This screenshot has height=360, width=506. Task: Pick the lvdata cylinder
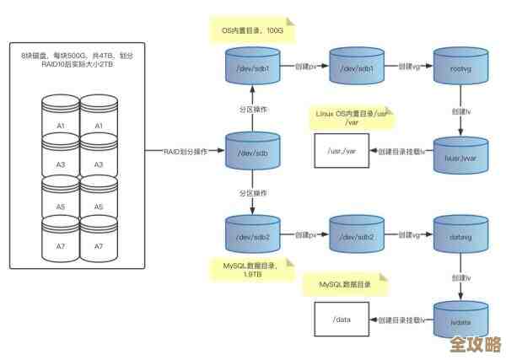[x=460, y=320]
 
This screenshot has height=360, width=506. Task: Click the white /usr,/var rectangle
[x=342, y=151]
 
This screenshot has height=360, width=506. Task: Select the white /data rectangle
[x=342, y=320]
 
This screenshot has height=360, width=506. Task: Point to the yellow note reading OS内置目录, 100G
[x=251, y=30]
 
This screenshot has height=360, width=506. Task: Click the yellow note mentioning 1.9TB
[x=252, y=270]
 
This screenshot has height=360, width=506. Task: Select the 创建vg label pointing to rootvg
[x=410, y=66]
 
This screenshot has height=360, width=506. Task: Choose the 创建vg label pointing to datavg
[x=410, y=234]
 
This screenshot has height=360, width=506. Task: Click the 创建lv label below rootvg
[x=460, y=111]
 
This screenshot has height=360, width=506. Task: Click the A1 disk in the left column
[x=61, y=126]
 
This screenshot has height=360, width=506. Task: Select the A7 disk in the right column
[x=98, y=245]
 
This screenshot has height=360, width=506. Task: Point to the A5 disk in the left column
[x=61, y=206]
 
